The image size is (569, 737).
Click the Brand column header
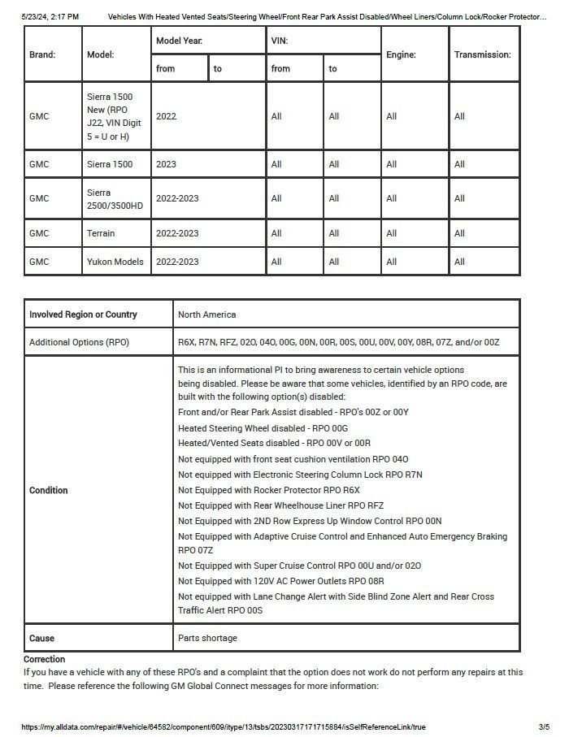[42, 54]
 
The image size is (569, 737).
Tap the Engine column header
[402, 54]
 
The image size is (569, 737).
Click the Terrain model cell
[102, 233]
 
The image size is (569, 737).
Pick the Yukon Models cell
[115, 262]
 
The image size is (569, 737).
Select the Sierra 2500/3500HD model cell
[115, 199]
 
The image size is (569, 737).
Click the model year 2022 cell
[166, 116]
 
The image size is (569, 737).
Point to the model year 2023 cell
[166, 164]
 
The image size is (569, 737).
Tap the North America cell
[207, 314]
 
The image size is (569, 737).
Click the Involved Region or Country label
[83, 314]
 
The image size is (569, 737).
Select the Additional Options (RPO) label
[79, 342]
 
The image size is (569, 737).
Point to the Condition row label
[49, 490]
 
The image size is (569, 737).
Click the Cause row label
[41, 638]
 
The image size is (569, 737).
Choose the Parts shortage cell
[207, 638]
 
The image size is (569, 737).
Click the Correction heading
[44, 659]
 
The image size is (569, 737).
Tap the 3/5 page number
[544, 726]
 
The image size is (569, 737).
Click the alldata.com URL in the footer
[224, 726]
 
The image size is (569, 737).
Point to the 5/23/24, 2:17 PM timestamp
[50, 16]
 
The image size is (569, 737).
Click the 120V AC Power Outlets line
[281, 581]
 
